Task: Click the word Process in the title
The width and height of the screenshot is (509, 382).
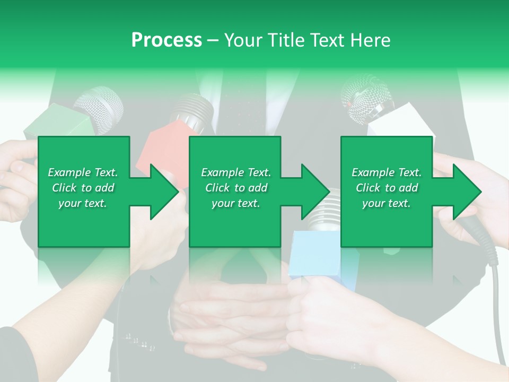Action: click(x=166, y=40)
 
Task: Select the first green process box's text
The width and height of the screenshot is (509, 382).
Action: click(x=83, y=188)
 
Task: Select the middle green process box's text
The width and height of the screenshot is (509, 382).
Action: click(x=235, y=188)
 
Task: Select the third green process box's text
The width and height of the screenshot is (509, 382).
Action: click(x=386, y=188)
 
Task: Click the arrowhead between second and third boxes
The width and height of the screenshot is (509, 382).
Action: click(x=315, y=192)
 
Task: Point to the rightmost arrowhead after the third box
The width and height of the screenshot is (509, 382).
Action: click(x=467, y=192)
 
